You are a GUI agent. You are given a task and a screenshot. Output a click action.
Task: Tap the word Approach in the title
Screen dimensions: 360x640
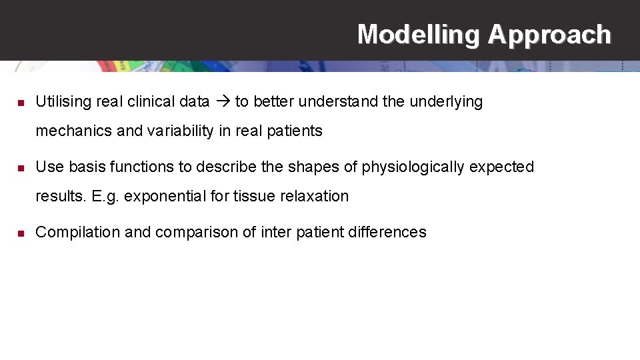coord(549,34)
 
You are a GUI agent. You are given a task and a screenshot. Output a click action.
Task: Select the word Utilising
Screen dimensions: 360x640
coord(63,102)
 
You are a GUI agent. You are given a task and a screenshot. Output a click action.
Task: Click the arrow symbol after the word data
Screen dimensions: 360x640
coord(222,102)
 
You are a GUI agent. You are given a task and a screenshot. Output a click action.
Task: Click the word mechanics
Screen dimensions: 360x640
coord(73,131)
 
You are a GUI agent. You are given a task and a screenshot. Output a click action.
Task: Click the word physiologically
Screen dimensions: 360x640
coord(413,167)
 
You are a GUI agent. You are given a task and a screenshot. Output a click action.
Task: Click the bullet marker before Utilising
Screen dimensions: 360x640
coord(21,103)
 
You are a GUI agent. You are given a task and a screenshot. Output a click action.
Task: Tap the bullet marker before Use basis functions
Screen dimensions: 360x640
coord(21,167)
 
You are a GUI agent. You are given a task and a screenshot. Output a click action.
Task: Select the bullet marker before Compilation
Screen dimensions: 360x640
coord(21,233)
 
